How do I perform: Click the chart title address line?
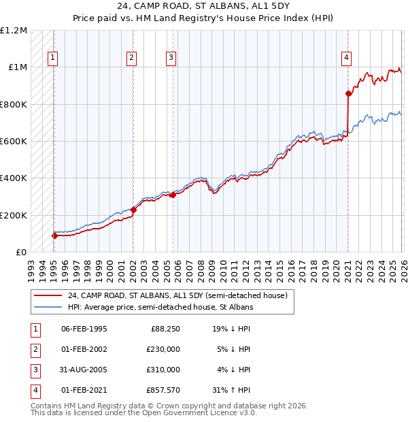tap(203, 7)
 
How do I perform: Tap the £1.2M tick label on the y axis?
tap(14, 31)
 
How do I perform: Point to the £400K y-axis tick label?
tap(14, 178)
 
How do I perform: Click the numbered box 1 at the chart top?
tap(52, 59)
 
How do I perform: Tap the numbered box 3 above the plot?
tap(171, 59)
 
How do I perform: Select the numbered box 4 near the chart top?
tap(346, 59)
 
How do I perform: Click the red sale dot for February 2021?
tap(348, 93)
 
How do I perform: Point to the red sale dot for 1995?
tap(54, 236)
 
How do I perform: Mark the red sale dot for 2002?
tap(133, 210)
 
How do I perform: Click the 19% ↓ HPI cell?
tap(231, 329)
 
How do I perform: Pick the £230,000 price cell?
tap(163, 350)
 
